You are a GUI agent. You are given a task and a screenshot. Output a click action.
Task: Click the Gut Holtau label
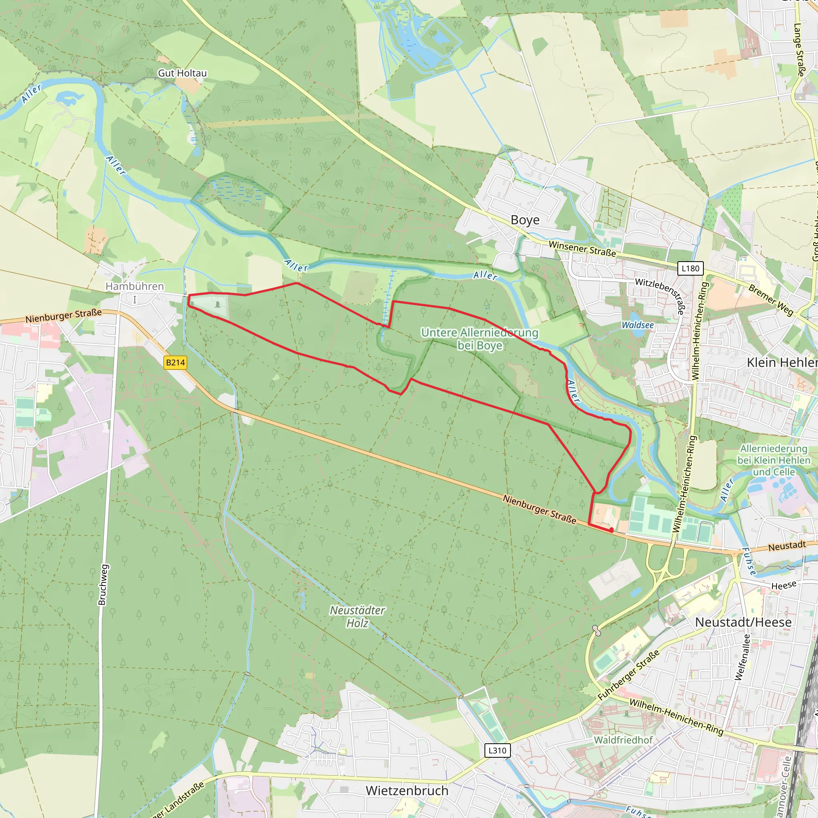pyautogui.click(x=182, y=73)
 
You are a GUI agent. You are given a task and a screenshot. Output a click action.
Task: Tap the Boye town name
pyautogui.click(x=525, y=220)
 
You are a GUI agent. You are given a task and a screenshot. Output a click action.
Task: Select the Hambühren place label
pyautogui.click(x=135, y=287)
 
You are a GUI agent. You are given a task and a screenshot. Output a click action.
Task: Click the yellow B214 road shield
pyautogui.click(x=175, y=362)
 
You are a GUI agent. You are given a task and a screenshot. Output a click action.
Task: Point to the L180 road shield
pyautogui.click(x=691, y=268)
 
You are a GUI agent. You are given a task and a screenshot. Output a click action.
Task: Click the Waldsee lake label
pyautogui.click(x=637, y=325)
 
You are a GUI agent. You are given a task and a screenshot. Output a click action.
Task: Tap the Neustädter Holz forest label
pyautogui.click(x=357, y=616)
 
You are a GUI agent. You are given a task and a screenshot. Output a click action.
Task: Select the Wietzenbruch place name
pyautogui.click(x=407, y=790)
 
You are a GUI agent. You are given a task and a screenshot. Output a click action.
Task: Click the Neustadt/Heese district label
pyautogui.click(x=743, y=622)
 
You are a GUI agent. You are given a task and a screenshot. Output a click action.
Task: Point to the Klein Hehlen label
pyautogui.click(x=782, y=362)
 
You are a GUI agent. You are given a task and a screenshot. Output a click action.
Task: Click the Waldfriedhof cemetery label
pyautogui.click(x=623, y=740)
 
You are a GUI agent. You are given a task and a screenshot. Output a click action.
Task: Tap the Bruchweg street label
pyautogui.click(x=103, y=585)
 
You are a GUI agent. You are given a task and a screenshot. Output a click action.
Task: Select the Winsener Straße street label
pyautogui.click(x=582, y=248)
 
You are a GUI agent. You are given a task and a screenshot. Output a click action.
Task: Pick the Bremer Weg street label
pyautogui.click(x=770, y=300)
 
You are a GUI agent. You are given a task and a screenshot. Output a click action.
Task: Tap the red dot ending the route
pyautogui.click(x=612, y=530)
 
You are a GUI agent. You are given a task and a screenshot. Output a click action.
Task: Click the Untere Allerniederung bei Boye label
pyautogui.click(x=480, y=339)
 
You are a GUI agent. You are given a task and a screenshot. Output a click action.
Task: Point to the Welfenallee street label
pyautogui.click(x=743, y=657)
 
